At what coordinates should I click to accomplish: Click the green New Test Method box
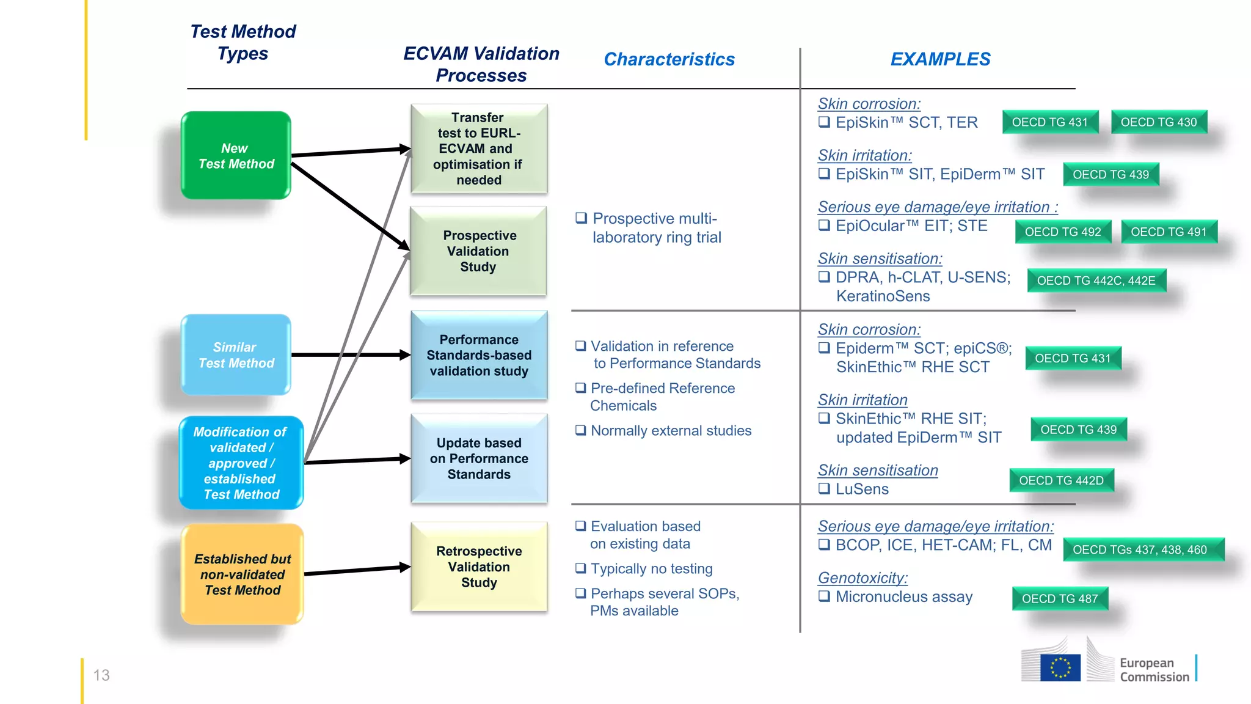[236, 155]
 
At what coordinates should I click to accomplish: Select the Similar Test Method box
[236, 354]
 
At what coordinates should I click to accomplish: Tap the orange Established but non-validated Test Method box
[243, 574]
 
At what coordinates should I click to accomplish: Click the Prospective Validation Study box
[478, 251]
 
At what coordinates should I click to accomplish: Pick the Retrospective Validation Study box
[479, 566]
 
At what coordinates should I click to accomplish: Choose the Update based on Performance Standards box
[479, 458]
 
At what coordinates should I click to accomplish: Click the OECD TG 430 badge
[1158, 122]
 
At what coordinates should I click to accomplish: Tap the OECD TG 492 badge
[1063, 232]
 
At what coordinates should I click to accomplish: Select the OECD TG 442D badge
[1061, 480]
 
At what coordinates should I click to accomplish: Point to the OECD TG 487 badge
[1060, 599]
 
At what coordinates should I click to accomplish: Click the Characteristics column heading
[669, 59]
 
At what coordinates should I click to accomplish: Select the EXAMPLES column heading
[940, 59]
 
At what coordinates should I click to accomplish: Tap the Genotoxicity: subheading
[863, 577]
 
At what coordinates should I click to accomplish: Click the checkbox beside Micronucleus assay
[824, 596]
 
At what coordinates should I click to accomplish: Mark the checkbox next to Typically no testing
[581, 568]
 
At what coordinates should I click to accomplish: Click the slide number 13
[101, 675]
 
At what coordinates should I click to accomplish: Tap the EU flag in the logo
[1060, 668]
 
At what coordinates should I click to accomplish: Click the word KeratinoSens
[883, 296]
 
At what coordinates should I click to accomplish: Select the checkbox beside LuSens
[824, 488]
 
